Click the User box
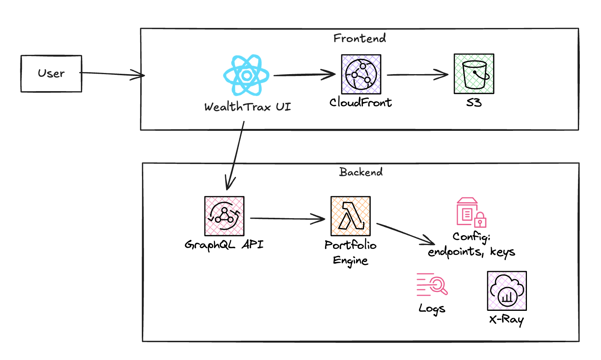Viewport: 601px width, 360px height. pos(51,74)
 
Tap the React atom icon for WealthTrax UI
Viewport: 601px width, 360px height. pos(246,75)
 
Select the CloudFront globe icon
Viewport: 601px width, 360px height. pos(361,74)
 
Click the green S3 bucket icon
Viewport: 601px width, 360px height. pos(474,74)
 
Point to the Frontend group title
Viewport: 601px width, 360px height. pos(359,38)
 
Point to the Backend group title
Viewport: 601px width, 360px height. pos(361,172)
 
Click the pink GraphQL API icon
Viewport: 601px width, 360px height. pos(224,216)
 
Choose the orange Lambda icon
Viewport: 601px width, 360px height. pos(350,216)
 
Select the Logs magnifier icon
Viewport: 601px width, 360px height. pos(432,285)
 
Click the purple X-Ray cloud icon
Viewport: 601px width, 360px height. pos(507,291)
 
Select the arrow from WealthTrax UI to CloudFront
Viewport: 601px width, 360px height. pos(304,74)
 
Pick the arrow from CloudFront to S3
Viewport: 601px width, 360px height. pos(417,74)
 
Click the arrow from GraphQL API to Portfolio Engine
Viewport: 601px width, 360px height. pos(287,218)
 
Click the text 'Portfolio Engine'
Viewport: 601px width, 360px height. pos(350,253)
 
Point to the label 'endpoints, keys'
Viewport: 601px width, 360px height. pos(471,252)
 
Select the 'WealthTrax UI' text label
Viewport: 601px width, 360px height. pos(248,107)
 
